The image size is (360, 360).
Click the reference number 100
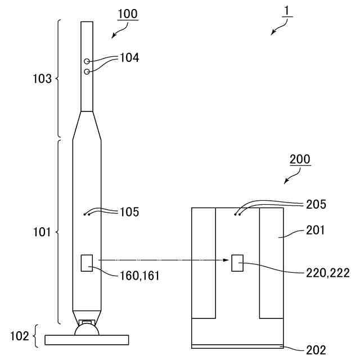(128, 13)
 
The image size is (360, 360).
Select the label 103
(42, 79)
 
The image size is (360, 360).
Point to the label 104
(129, 57)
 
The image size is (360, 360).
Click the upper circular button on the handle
(87, 61)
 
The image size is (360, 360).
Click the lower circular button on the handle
(87, 71)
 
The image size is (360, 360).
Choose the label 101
(42, 232)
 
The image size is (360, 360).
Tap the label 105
(129, 212)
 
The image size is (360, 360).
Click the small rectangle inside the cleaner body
(87, 263)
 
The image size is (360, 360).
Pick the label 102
(20, 337)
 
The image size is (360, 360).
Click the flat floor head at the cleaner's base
(87, 340)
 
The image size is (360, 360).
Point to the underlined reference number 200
(300, 159)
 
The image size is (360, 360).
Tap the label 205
(317, 204)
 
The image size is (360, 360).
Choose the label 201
(317, 230)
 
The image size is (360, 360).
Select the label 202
(316, 350)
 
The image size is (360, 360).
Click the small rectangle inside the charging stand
(237, 263)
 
